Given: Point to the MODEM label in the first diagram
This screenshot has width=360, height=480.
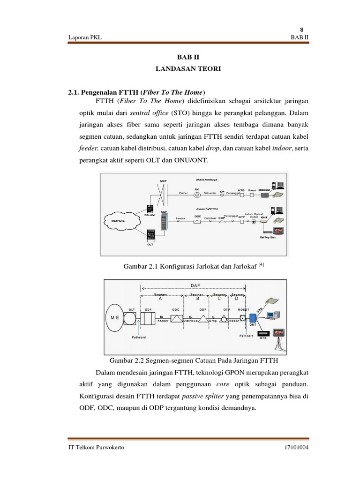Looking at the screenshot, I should pos(266,183).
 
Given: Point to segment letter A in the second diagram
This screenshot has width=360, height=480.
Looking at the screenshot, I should pos(160,298).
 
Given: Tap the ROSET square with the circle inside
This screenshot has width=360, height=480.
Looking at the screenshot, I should pos(243,318).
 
